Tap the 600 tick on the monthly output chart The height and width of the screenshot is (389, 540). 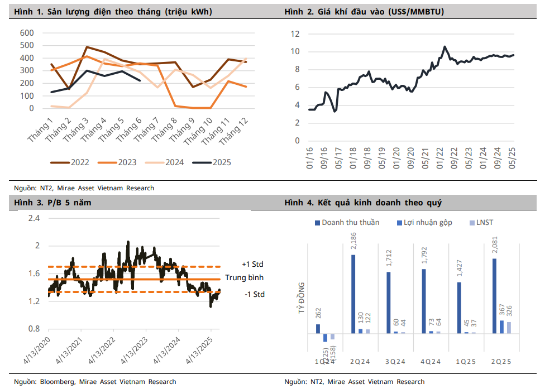pos(27,32)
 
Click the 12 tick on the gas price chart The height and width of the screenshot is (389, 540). pos(295,34)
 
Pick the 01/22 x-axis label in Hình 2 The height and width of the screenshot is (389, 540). pos(439,160)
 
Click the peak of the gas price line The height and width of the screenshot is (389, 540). pos(445,47)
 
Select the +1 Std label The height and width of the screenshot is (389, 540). pos(252,264)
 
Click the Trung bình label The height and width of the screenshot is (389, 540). pos(244,277)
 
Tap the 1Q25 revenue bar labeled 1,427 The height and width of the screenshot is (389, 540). pos(459,308)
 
